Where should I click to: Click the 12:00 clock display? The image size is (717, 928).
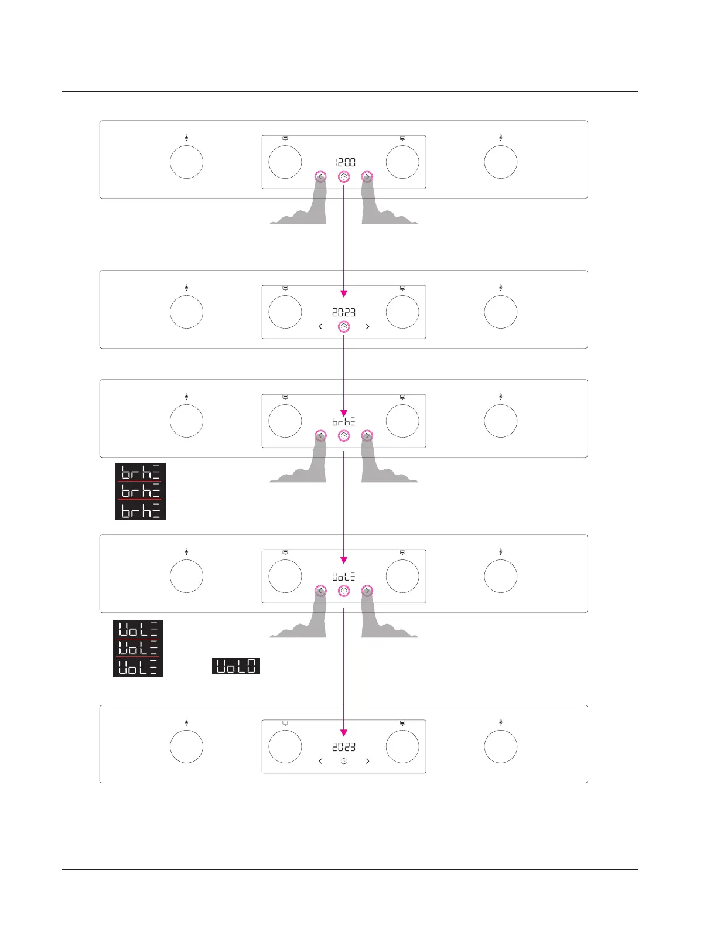coord(345,162)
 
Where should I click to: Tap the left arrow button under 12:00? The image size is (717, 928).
coord(320,176)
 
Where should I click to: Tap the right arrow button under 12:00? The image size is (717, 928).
coord(367,176)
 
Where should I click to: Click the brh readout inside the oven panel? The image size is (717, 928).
coord(344,421)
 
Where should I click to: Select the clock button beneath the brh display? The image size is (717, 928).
coord(344,435)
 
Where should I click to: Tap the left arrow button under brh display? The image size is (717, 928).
coord(320,435)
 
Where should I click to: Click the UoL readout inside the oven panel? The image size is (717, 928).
coord(344,576)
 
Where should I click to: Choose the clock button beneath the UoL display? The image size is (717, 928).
coord(344,591)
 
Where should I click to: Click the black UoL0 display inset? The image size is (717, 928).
coord(235,666)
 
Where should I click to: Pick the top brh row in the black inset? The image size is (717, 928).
coord(141,472)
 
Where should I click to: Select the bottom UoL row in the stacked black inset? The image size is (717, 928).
coord(138,667)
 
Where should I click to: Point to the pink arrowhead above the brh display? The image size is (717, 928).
coord(344,413)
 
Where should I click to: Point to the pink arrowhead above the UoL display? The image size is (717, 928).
coord(344,560)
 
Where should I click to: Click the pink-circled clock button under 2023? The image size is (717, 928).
coord(344,326)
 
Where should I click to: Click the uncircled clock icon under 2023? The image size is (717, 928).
coord(344,761)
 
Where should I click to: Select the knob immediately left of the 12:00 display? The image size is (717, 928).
coord(285,162)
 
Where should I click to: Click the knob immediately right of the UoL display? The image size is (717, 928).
coord(402,576)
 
